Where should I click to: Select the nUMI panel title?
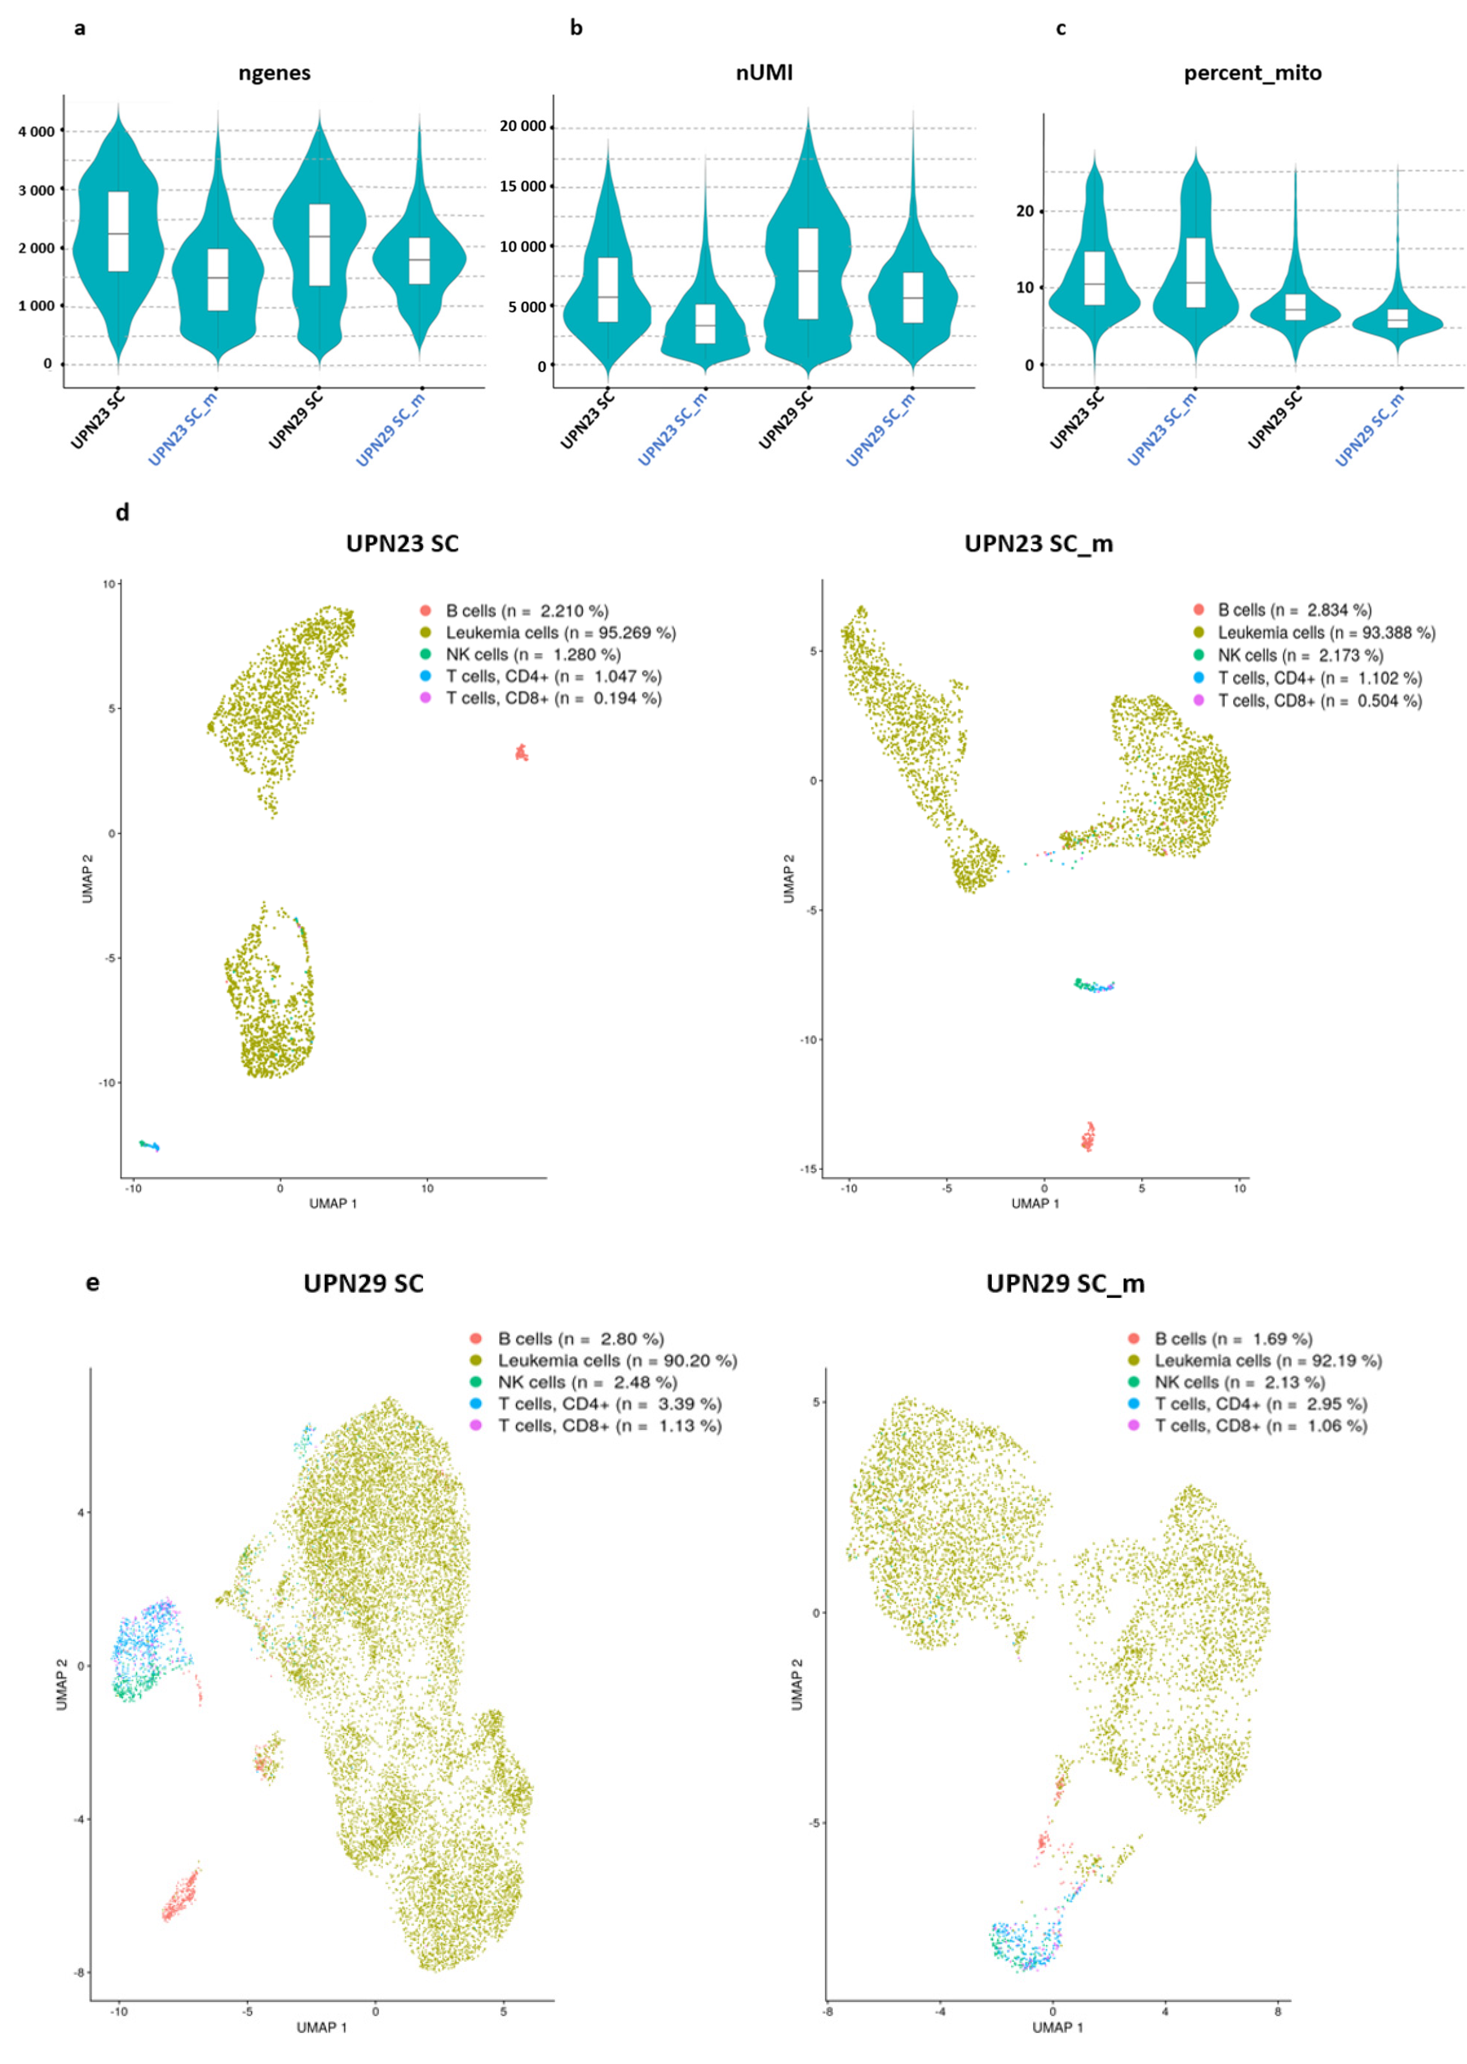tap(764, 73)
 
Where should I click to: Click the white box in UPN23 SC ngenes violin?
tap(118, 231)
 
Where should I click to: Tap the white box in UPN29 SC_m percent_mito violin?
tap(1397, 318)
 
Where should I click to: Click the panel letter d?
tap(122, 512)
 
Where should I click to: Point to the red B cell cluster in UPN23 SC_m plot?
tap(1088, 1137)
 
